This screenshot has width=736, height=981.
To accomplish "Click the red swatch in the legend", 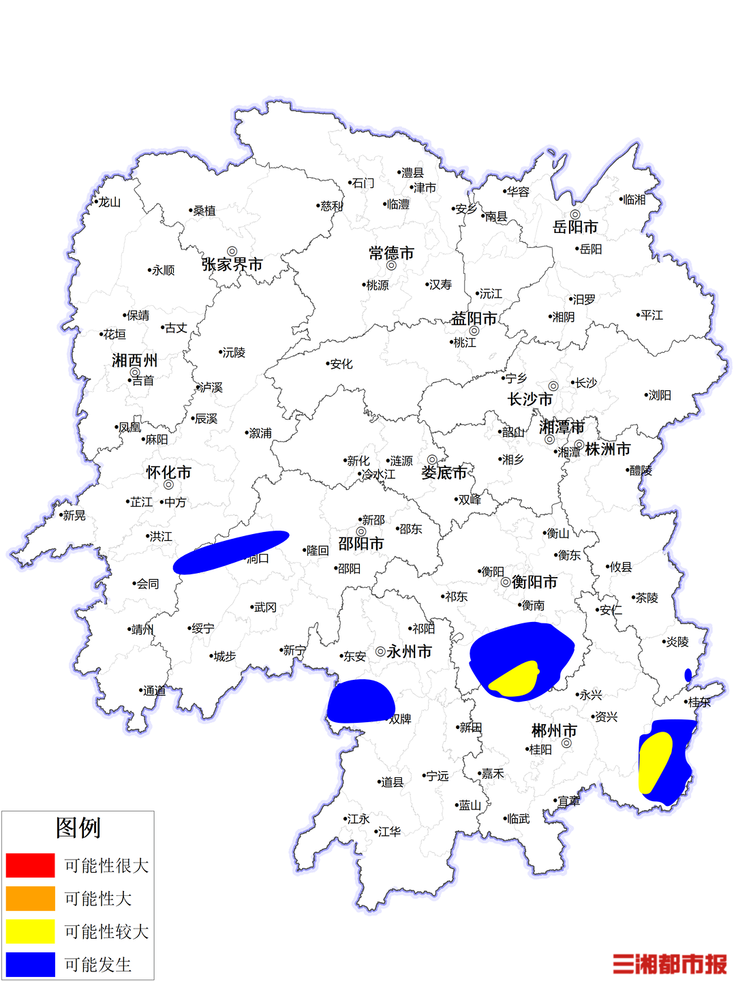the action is [x=30, y=865].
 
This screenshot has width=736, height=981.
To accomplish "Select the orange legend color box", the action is [x=30, y=898].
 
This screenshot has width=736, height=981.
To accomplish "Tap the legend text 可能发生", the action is [x=97, y=965].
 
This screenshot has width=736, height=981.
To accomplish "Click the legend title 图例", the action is [x=78, y=828].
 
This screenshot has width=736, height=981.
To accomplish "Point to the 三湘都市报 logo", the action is [x=669, y=964].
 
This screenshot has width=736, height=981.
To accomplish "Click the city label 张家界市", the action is [x=232, y=264].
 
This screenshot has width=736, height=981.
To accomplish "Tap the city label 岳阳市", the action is [x=575, y=227].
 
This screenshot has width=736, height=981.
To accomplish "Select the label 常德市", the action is [x=391, y=253].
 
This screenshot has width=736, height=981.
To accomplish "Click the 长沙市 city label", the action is [x=530, y=399].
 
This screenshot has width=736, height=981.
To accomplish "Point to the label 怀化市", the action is [x=168, y=472].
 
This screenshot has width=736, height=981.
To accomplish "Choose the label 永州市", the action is [x=409, y=652].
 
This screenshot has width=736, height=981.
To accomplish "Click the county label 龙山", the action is [x=109, y=202].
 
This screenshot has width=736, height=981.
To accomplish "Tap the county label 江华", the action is [x=389, y=832].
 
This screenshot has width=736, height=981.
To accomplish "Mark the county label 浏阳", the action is [x=660, y=395].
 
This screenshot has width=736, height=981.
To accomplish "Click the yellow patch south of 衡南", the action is [x=515, y=679].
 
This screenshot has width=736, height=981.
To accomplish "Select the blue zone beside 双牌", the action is [x=360, y=702].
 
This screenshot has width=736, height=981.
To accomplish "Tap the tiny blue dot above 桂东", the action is [x=688, y=675].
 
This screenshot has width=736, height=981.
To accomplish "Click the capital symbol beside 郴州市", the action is [x=566, y=743].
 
